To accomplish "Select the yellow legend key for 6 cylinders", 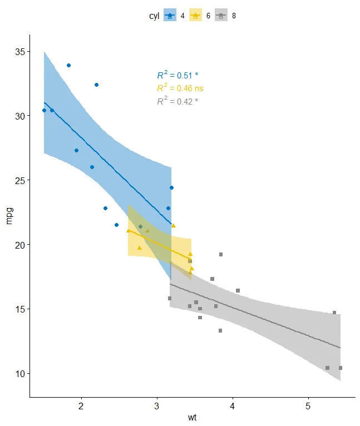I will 195,16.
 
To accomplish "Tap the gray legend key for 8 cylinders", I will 221,16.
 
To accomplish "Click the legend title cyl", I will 154,16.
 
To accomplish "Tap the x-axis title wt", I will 192,417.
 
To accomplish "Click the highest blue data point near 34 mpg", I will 68,65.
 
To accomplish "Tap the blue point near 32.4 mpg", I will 96,85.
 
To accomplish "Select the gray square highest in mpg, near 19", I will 221,254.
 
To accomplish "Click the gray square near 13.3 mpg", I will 220,330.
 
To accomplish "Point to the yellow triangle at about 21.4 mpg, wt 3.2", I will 173,225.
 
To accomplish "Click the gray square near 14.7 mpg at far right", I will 334,313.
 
